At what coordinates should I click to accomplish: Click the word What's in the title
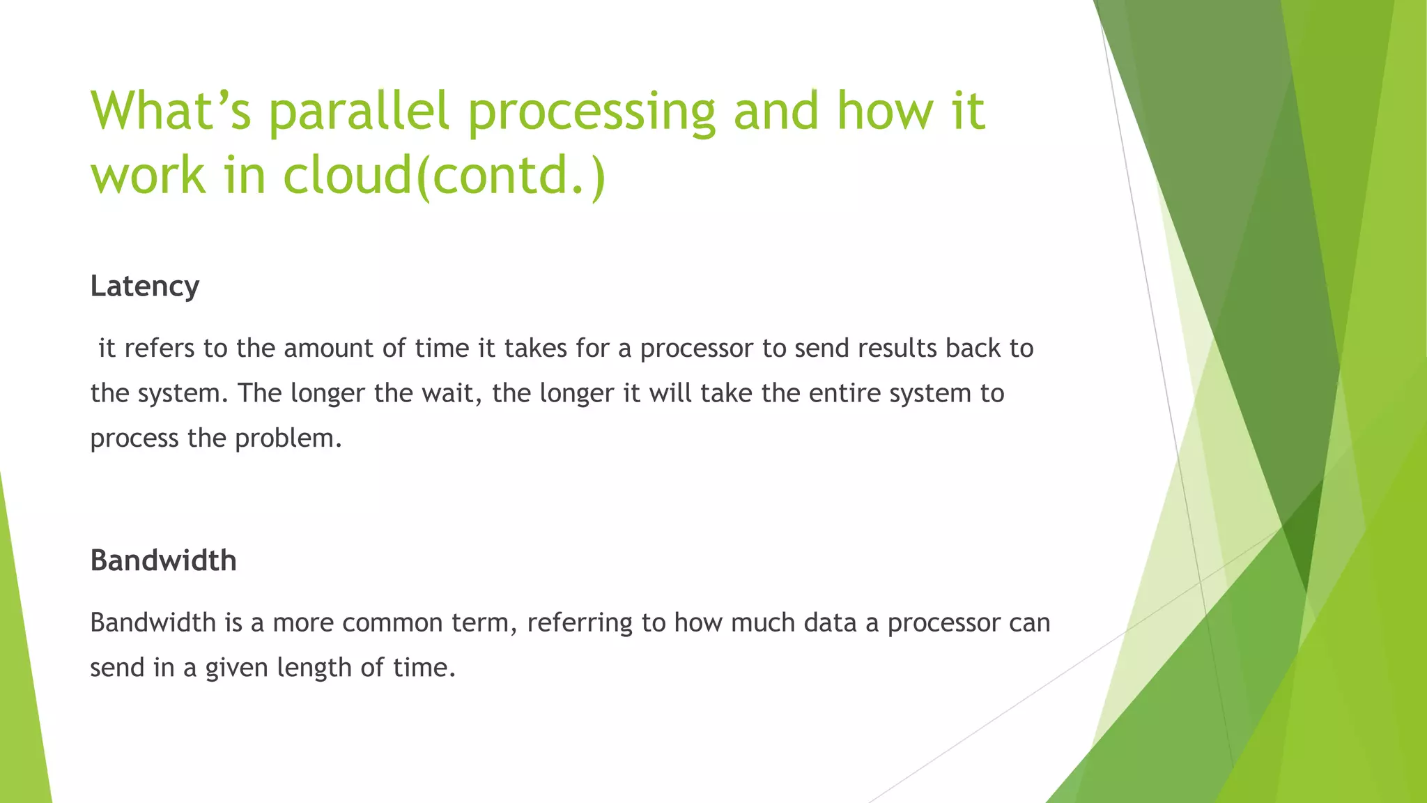(171, 111)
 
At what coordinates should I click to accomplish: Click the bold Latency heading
(145, 286)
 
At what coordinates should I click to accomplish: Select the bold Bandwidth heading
(164, 561)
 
